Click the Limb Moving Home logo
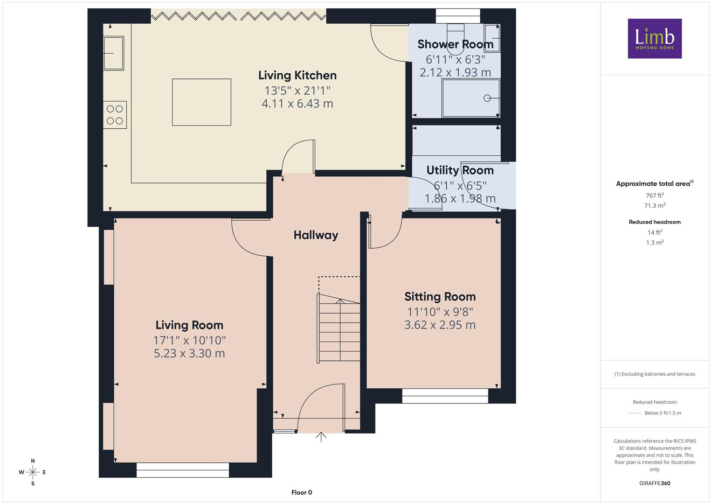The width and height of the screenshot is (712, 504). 655,38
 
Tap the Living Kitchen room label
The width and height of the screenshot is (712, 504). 297,76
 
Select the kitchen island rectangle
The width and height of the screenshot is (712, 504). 201,102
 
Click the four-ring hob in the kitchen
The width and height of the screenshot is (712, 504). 115,115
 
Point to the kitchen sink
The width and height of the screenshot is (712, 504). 113,53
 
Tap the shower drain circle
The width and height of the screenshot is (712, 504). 487,98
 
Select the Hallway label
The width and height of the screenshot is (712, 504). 316,235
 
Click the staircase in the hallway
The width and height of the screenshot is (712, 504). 339,329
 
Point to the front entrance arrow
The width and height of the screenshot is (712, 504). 321,437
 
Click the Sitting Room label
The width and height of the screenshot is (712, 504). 440,296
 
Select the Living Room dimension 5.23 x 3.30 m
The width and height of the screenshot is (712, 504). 189,353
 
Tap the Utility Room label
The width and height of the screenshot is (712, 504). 460,170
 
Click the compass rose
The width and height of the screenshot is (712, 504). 33,472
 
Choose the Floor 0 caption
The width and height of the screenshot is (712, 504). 302,492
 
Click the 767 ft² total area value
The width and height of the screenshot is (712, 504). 655,196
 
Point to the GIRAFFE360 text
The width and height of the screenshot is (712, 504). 655,483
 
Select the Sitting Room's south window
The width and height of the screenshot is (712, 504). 445,396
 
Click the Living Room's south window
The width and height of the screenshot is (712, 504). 183,470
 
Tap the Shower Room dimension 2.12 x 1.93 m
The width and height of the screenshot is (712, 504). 455,72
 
